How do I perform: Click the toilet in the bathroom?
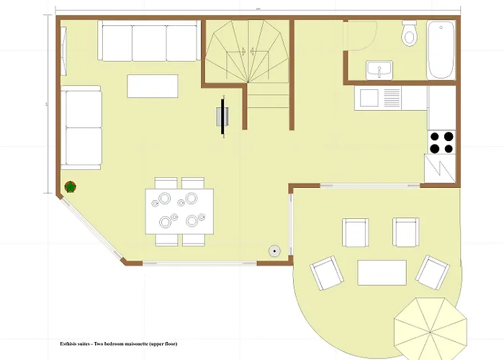410,33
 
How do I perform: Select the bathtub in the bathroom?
441,49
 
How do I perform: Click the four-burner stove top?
441,142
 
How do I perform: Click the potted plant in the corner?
71,188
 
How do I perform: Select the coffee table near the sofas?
152,86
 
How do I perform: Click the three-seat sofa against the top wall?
149,43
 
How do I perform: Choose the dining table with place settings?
179,210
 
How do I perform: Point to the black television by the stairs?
224,117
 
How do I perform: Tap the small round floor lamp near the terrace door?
275,251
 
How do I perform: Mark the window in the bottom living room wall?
199,263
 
